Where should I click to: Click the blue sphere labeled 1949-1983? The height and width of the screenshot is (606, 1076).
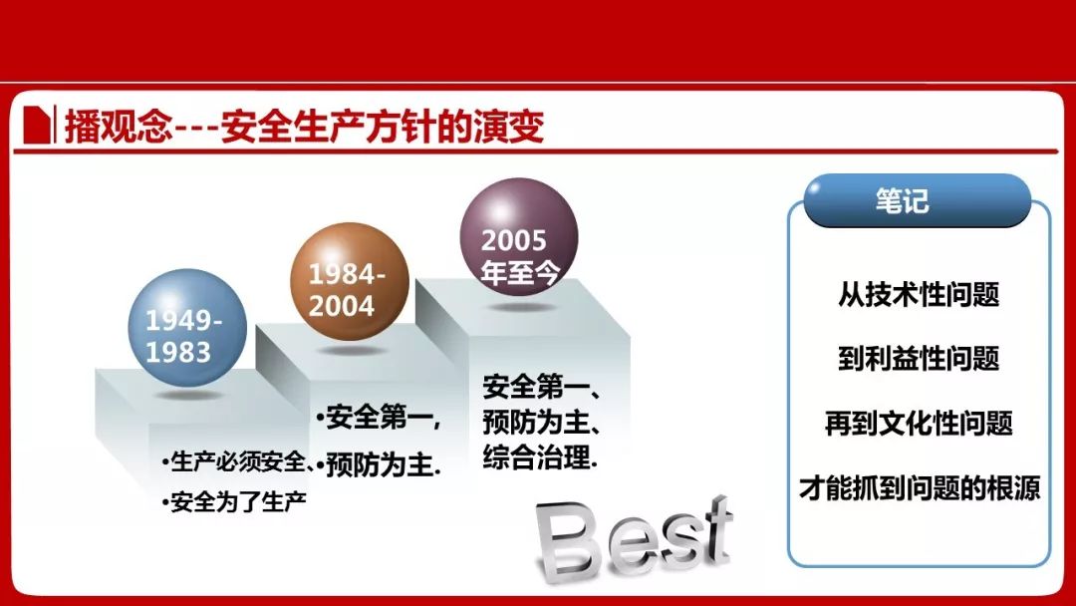click(187, 328)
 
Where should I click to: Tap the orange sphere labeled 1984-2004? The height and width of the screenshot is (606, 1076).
click(350, 282)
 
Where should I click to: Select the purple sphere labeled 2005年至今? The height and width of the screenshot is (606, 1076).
click(519, 237)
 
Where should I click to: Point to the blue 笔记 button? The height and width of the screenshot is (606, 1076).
click(918, 200)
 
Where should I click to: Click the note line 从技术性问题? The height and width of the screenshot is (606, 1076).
click(919, 294)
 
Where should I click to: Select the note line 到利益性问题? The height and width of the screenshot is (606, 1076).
click(919, 358)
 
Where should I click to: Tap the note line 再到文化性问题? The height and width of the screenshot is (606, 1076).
click(919, 423)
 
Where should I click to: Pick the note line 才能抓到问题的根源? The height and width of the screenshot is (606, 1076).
click(920, 487)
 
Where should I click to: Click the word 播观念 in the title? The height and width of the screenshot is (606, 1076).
click(118, 127)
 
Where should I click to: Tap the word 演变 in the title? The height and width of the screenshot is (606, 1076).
click(508, 127)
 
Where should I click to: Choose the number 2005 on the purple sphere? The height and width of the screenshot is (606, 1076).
click(513, 240)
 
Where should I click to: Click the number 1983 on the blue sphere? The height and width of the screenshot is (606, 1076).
click(177, 352)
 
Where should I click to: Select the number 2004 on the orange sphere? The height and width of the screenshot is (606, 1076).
click(341, 306)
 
